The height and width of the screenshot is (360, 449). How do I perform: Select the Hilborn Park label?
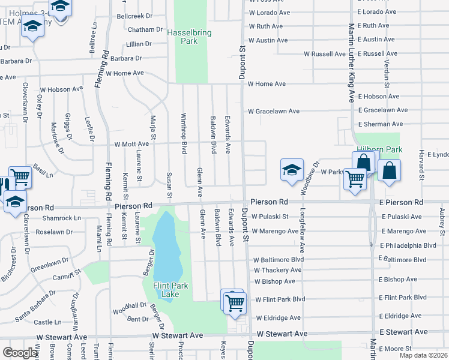[379, 149]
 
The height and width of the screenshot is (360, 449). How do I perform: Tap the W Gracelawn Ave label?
[274, 111]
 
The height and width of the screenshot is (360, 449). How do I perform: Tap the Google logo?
[20, 353]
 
